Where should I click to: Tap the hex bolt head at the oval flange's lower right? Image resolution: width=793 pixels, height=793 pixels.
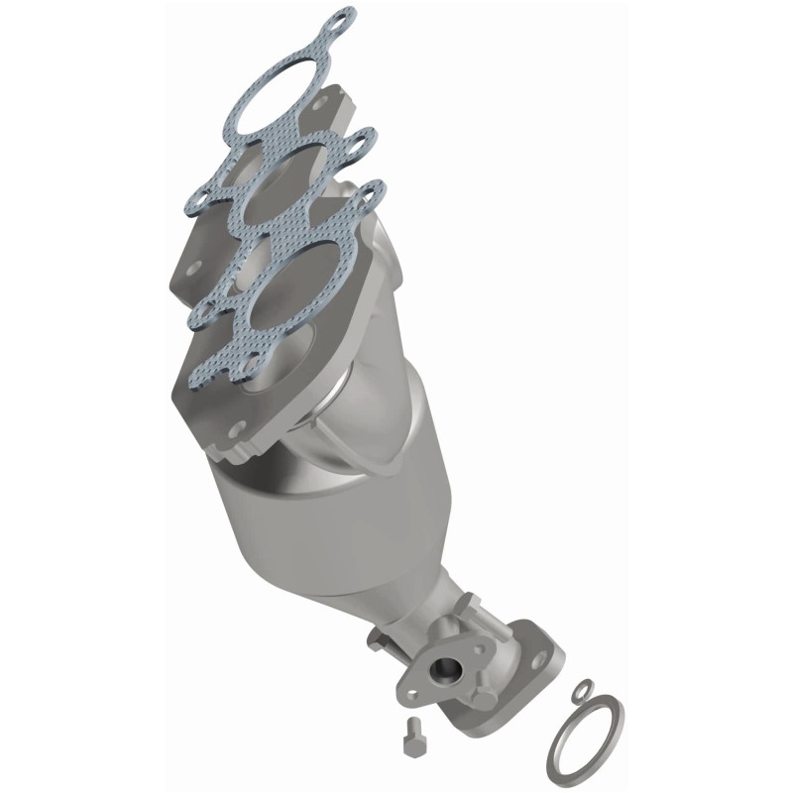pos(485,698)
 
